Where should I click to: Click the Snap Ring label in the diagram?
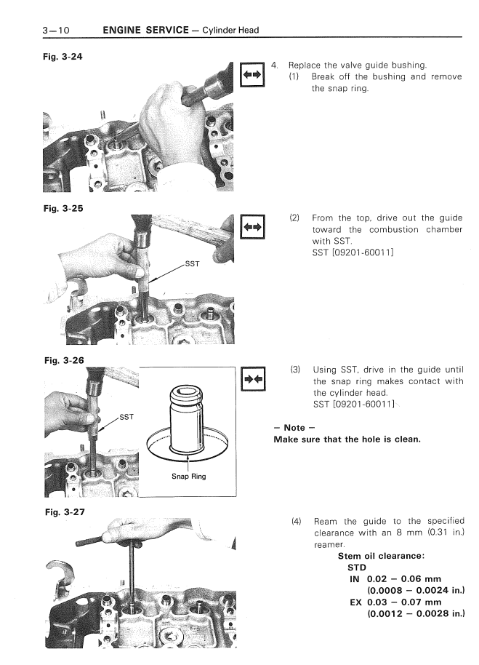(188, 477)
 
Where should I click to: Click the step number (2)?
(295, 218)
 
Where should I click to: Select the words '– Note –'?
(289, 428)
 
